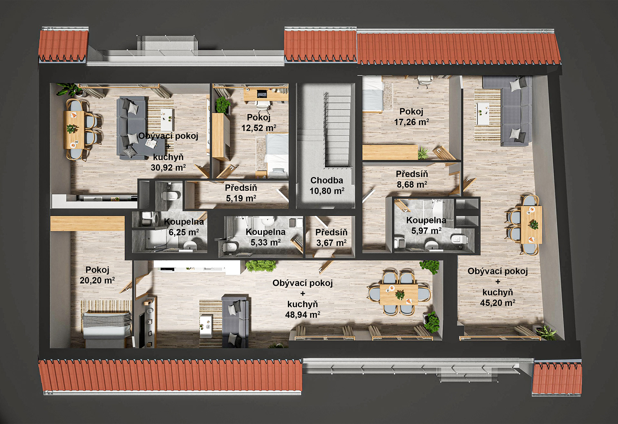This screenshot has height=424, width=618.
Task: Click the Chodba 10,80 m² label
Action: (327, 186)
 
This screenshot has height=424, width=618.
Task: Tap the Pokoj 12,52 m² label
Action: (259, 123)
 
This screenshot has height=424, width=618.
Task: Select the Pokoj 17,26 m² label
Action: (411, 117)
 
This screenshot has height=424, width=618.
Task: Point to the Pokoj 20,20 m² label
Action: (97, 275)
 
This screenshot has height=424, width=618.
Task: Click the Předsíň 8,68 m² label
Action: (412, 179)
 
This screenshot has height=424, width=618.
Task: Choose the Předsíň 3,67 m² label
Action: (331, 237)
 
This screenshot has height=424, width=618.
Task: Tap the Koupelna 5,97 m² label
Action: (426, 226)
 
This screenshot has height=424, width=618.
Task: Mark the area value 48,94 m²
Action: (303, 315)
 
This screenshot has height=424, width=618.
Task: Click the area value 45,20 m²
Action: (498, 303)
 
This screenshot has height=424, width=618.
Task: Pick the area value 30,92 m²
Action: (168, 168)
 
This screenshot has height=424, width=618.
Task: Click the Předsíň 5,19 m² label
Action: (241, 193)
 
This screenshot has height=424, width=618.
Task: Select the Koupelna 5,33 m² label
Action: (266, 237)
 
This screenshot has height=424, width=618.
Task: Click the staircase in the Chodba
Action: (337, 129)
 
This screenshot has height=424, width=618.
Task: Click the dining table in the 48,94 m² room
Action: (399, 294)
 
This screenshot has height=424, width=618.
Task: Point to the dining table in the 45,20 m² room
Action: (531, 225)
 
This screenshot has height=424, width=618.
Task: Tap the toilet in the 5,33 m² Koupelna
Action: (229, 247)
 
